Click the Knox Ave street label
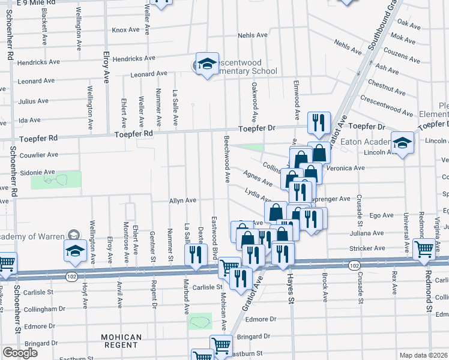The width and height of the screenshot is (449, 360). click(125, 30)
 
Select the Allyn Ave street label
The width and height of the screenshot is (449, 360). click(183, 200)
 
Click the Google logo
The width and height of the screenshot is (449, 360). click(20, 353)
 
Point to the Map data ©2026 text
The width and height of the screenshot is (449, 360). click(423, 355)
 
